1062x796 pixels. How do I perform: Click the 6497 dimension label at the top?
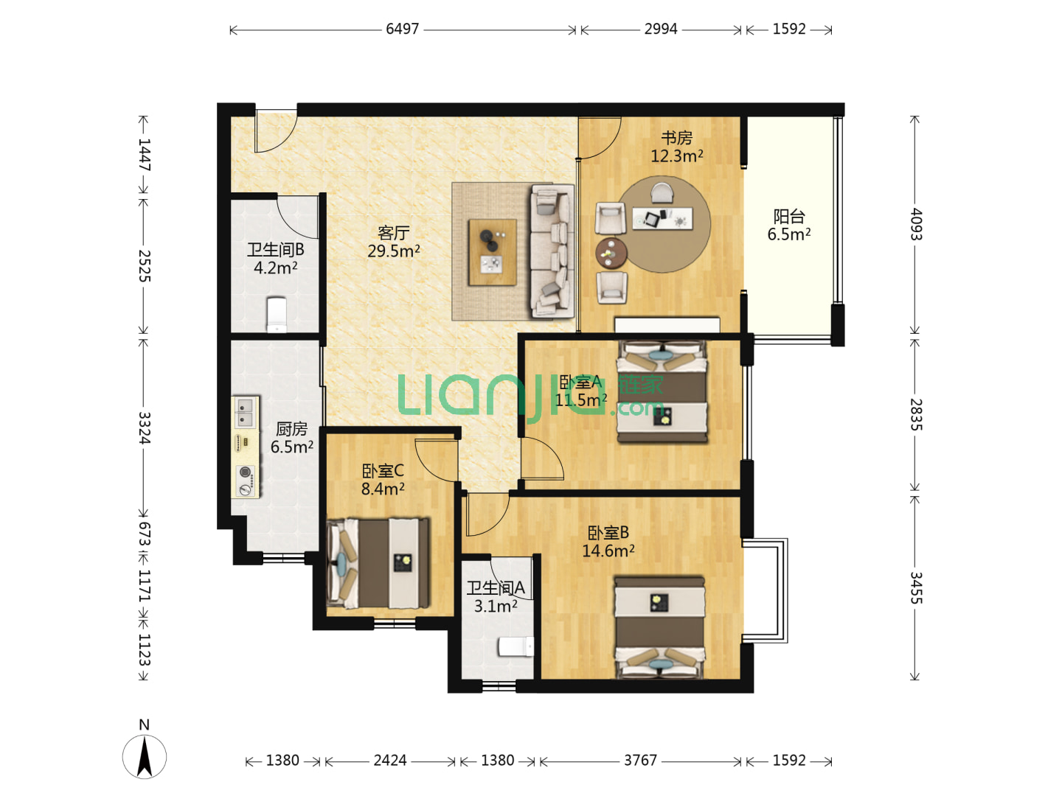coord(402,29)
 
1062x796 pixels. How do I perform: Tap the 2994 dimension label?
coord(660,29)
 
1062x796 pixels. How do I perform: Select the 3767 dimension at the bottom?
coord(640,760)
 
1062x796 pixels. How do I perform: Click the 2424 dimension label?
coord(390,760)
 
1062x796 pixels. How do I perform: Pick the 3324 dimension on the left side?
coord(144,427)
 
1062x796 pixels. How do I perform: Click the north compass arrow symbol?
coord(144,756)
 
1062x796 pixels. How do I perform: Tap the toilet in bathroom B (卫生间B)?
coord(277,315)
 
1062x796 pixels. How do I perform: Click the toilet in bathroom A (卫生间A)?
coord(516,646)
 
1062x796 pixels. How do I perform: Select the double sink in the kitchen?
coord(246,412)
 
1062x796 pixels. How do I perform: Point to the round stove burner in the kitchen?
coord(246,471)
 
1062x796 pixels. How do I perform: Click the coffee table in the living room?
coord(492,252)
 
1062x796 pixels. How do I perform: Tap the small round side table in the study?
coord(611,253)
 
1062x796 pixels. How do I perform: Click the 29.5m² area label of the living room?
coord(393,251)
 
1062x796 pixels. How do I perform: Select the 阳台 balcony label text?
coord(788,216)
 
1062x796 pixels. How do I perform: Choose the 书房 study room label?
coord(676,139)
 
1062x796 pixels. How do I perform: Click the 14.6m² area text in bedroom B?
coord(608,551)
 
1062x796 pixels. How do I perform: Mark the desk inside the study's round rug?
coord(662,218)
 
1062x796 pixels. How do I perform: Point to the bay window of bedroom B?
coord(766,590)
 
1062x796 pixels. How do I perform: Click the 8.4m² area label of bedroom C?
coord(383,489)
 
